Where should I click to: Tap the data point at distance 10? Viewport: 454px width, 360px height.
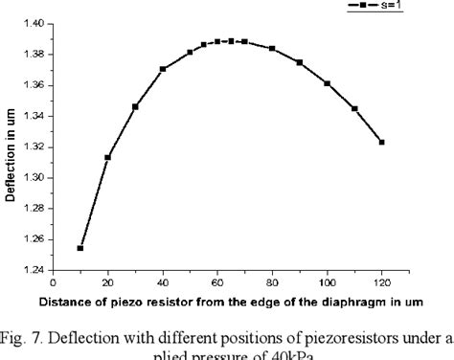click(x=80, y=248)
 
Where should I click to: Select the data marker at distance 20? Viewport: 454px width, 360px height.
click(x=108, y=157)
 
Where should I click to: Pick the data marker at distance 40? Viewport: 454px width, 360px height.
click(x=163, y=69)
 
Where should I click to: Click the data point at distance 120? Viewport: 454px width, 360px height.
click(x=382, y=142)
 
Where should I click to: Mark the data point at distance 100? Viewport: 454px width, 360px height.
click(x=328, y=83)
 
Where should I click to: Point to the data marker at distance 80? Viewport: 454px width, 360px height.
click(x=273, y=48)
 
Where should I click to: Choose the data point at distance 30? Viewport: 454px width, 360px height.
click(x=135, y=106)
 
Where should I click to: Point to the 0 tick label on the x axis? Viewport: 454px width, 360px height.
click(x=54, y=284)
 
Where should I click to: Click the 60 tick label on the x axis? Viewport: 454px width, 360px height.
click(x=217, y=284)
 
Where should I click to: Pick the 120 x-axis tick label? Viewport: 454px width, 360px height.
click(x=382, y=284)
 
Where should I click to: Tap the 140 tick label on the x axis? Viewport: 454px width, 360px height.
click(x=437, y=284)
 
